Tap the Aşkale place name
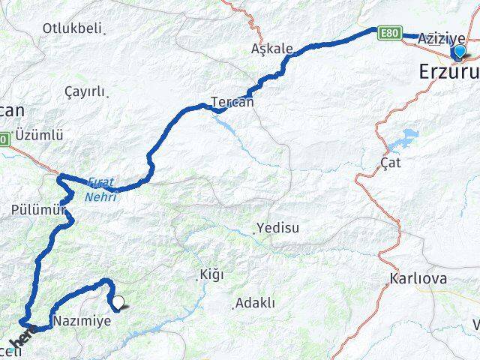(271, 49)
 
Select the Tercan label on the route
(232, 101)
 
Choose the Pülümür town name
(34, 211)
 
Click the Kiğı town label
(211, 274)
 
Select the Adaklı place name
(255, 304)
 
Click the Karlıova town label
(418, 279)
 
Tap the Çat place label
(391, 163)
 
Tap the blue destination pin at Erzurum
(460, 52)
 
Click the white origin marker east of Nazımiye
(118, 303)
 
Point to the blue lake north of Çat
(405, 139)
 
